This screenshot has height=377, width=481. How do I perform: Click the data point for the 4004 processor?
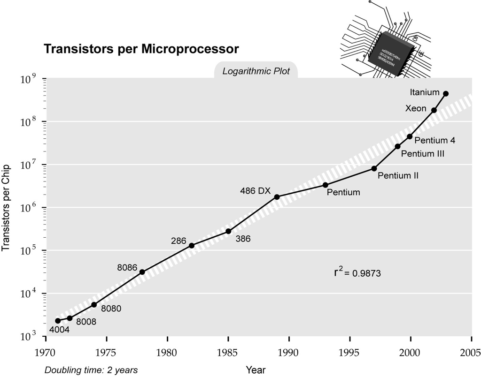point(58,321)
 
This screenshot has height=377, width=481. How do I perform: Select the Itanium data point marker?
point(446,94)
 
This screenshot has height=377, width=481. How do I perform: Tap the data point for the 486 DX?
point(277,197)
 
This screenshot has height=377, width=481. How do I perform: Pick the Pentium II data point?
point(374,168)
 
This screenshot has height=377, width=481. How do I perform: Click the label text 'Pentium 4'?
point(434,140)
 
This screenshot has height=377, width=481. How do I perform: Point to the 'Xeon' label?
point(416,109)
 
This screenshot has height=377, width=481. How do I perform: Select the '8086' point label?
point(127,268)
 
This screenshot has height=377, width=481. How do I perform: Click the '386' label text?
point(243,239)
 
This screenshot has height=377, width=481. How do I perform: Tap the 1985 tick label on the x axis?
point(228,352)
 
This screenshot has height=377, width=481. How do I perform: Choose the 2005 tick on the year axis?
point(471,352)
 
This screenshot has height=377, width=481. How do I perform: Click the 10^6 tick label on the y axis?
point(30,207)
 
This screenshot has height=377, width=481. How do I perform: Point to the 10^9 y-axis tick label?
point(30,78)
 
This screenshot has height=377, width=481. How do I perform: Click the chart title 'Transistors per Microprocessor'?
point(141,49)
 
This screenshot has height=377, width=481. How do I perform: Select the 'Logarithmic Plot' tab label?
point(256,72)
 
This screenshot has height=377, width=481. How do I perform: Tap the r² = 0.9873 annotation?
point(357,272)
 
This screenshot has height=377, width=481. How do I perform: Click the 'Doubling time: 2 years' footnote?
point(91,370)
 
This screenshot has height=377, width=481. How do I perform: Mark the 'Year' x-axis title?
point(256,370)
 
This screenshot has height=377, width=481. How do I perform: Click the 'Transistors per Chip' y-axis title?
point(7,207)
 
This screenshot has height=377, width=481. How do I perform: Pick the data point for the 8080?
point(94,305)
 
